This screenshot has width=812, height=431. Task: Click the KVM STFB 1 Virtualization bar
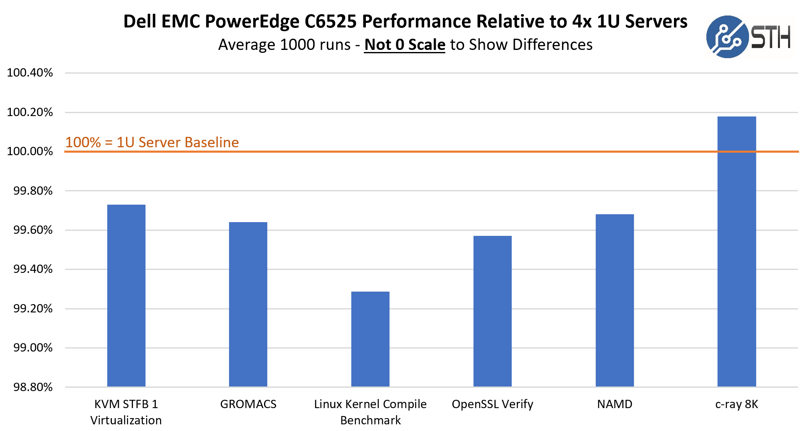pos(126,295)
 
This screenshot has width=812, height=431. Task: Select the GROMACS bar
pos(248,304)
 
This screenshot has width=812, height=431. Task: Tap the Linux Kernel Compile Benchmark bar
pos(370,339)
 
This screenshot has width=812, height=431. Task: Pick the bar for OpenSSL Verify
pos(493,311)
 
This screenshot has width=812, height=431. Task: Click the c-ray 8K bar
pos(737,251)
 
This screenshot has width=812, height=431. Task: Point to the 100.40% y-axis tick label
pos(30,73)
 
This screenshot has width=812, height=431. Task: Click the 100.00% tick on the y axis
pos(30,151)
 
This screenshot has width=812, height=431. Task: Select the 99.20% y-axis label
pos(33,309)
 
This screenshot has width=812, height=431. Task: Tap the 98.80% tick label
pos(33,387)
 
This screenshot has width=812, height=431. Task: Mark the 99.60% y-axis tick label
pos(33,230)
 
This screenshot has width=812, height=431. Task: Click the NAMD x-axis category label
pos(615,404)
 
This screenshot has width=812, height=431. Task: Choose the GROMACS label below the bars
pos(248,404)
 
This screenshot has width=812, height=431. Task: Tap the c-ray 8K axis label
pos(737,404)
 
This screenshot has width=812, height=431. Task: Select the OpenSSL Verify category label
pos(493,404)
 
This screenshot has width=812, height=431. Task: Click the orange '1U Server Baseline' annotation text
pos(152,142)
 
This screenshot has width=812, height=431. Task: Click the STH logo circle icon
pos(727,37)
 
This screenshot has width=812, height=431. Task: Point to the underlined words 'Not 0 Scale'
pos(405,45)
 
